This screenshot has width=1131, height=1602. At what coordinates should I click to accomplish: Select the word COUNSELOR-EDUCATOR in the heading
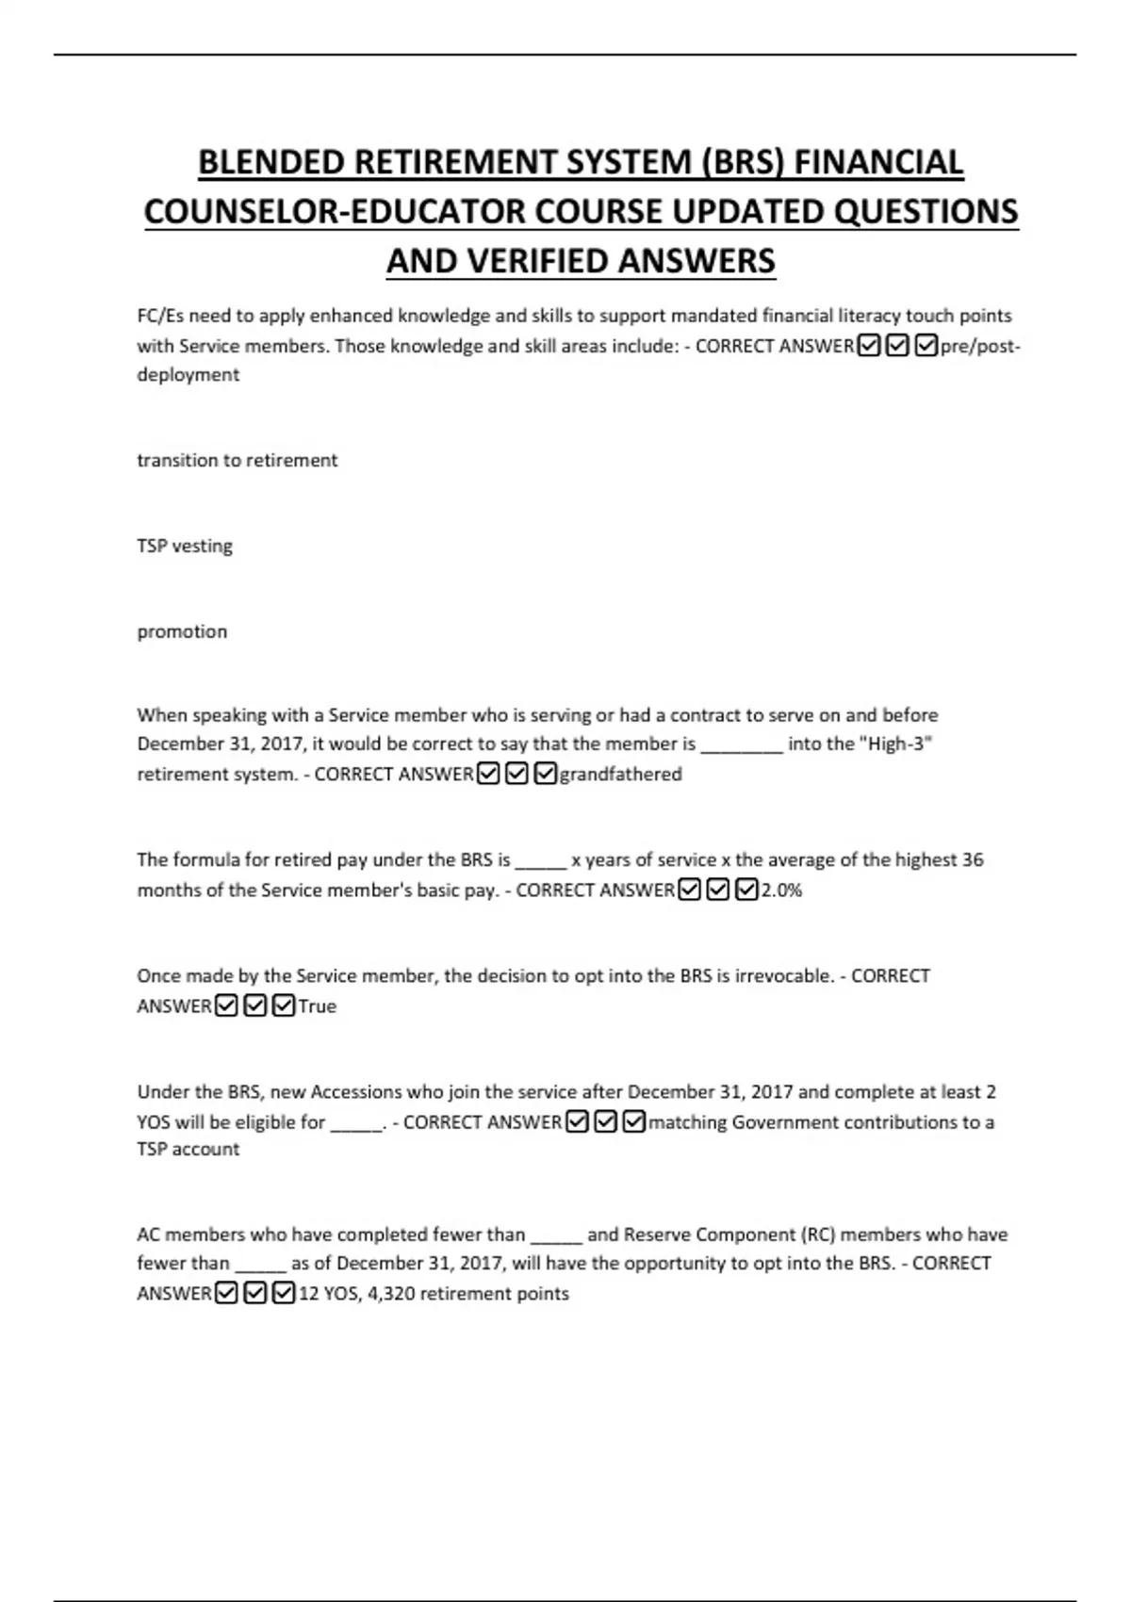click(x=335, y=211)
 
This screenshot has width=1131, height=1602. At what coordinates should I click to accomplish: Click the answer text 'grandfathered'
click(x=620, y=774)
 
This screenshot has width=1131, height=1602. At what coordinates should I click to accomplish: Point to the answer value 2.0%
click(x=781, y=890)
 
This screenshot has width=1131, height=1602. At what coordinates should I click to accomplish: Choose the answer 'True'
click(x=317, y=1005)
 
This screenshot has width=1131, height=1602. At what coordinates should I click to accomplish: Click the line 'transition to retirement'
click(x=237, y=460)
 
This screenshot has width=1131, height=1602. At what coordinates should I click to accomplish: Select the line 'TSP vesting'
click(x=185, y=546)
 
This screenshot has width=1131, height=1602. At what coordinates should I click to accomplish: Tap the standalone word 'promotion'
click(x=182, y=631)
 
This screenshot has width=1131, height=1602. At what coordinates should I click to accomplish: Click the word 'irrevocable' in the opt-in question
click(x=784, y=975)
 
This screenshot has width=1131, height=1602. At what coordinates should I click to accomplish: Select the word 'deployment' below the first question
click(x=188, y=374)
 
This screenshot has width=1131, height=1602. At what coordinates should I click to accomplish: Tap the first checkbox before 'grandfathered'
click(x=488, y=774)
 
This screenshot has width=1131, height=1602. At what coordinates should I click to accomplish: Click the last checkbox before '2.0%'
click(x=746, y=890)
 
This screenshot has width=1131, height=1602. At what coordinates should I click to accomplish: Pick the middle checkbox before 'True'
click(x=254, y=1005)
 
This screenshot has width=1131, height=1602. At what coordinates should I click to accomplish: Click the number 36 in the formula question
click(x=973, y=859)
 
